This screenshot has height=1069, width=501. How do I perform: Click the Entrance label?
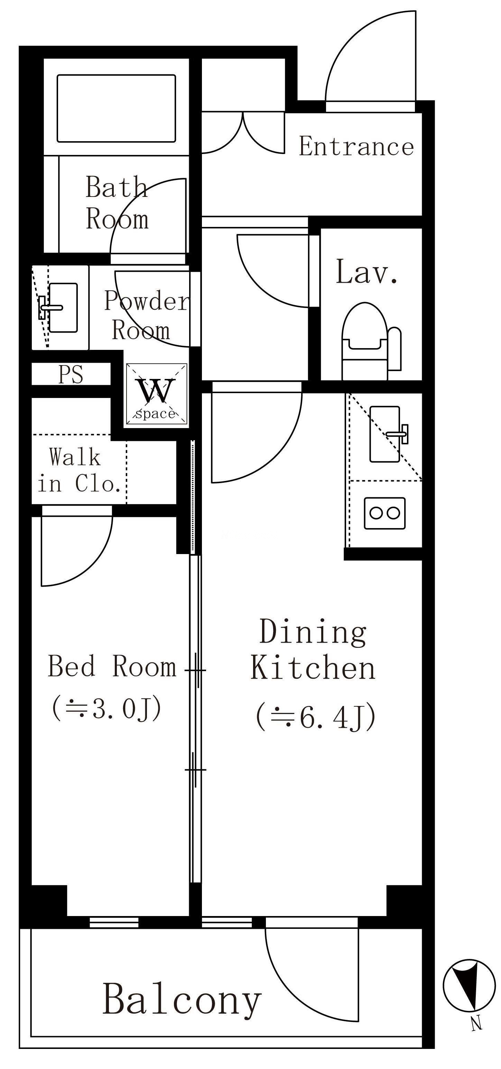(x=356, y=146)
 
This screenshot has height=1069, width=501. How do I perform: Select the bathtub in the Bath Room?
(x=116, y=108)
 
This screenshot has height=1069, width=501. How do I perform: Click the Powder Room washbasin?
(x=62, y=308)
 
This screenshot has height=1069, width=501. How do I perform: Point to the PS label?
(x=71, y=374)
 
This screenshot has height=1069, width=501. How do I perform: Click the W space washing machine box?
(x=156, y=394)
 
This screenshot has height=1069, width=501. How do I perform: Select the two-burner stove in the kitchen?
(x=384, y=513)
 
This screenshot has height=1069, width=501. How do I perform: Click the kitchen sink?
(x=384, y=434)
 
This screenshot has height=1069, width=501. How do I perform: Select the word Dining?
(x=313, y=632)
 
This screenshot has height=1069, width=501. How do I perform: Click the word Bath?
(x=117, y=188)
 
